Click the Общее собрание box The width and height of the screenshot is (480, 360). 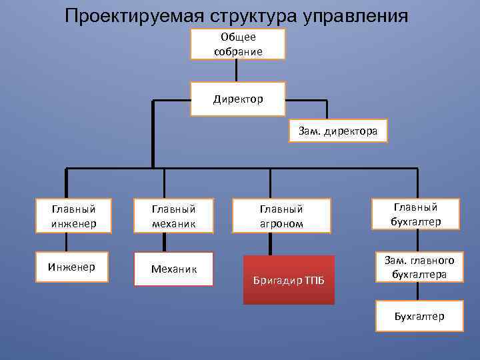238,44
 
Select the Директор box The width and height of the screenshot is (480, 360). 238,99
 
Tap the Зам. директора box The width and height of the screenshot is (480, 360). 337,131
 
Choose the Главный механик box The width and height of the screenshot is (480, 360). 173,215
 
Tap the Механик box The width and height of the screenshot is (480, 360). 173,269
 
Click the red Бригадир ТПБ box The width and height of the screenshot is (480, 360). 289,280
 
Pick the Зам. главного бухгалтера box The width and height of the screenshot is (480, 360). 416,267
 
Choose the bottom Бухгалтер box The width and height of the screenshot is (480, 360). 419,316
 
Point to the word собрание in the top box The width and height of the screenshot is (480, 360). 238,51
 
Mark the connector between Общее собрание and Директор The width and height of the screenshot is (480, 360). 238,71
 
